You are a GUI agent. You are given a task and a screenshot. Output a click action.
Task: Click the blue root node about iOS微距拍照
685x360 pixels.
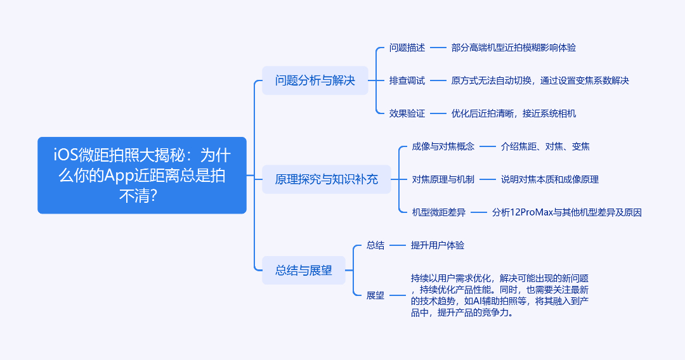click(142, 176)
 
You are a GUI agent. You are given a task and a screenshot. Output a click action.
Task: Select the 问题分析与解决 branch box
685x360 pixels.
click(315, 80)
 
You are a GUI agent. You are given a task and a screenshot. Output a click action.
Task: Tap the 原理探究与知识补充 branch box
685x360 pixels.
click(327, 179)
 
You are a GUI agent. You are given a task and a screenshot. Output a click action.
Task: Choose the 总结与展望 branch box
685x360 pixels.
click(304, 271)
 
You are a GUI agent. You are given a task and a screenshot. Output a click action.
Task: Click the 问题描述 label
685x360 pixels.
click(407, 48)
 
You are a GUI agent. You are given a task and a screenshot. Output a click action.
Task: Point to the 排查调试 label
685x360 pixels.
click(407, 80)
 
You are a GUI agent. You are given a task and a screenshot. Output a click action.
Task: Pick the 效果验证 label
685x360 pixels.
click(407, 113)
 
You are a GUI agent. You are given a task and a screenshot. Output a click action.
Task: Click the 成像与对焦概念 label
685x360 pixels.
click(443, 146)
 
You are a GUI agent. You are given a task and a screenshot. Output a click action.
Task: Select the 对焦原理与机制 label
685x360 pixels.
click(443, 179)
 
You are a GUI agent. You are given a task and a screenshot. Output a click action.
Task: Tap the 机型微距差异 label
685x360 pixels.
click(439, 212)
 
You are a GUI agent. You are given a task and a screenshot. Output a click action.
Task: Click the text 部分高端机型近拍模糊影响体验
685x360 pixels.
click(513, 48)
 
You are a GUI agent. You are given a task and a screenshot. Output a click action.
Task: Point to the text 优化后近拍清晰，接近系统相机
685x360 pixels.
click(513, 113)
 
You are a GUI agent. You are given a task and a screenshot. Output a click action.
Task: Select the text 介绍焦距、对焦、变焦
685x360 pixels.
click(545, 146)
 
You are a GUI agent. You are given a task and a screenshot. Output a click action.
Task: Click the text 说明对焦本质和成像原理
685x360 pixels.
click(549, 179)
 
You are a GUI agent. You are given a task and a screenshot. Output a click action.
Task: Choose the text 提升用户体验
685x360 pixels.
click(437, 245)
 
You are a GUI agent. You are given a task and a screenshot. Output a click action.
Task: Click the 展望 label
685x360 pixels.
click(375, 295)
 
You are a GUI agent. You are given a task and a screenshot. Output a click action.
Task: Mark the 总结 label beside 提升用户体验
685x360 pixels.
click(375, 245)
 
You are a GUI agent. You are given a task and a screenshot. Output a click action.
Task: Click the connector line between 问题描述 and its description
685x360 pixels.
click(438, 48)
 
